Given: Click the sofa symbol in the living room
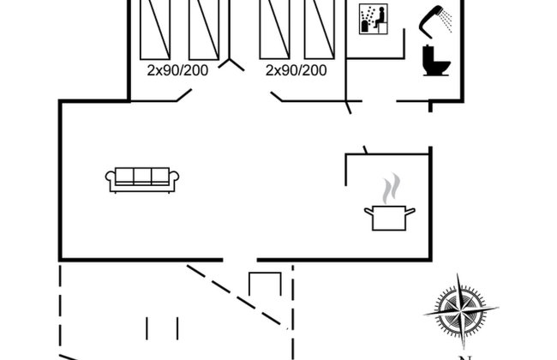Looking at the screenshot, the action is [x=142, y=180].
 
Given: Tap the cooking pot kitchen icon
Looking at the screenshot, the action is [x=389, y=218].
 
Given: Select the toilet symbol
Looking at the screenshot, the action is [x=436, y=60].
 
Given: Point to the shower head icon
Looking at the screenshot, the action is [x=435, y=21].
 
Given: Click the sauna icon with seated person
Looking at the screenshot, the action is [x=374, y=19].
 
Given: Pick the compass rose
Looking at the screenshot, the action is [x=461, y=312].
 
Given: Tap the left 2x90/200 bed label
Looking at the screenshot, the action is [x=177, y=70].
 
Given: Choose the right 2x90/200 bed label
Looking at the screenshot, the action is [x=296, y=70].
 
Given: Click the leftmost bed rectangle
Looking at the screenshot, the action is [x=155, y=29].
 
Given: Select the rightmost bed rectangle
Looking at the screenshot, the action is [x=320, y=29].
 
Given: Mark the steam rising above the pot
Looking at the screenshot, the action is [x=391, y=189].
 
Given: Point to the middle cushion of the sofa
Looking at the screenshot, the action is [x=142, y=176].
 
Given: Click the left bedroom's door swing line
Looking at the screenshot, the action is [x=184, y=95].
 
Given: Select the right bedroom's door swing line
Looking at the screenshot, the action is [x=277, y=97].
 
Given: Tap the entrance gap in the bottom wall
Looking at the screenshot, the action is [x=240, y=260].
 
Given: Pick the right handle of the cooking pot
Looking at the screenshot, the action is [x=410, y=212].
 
